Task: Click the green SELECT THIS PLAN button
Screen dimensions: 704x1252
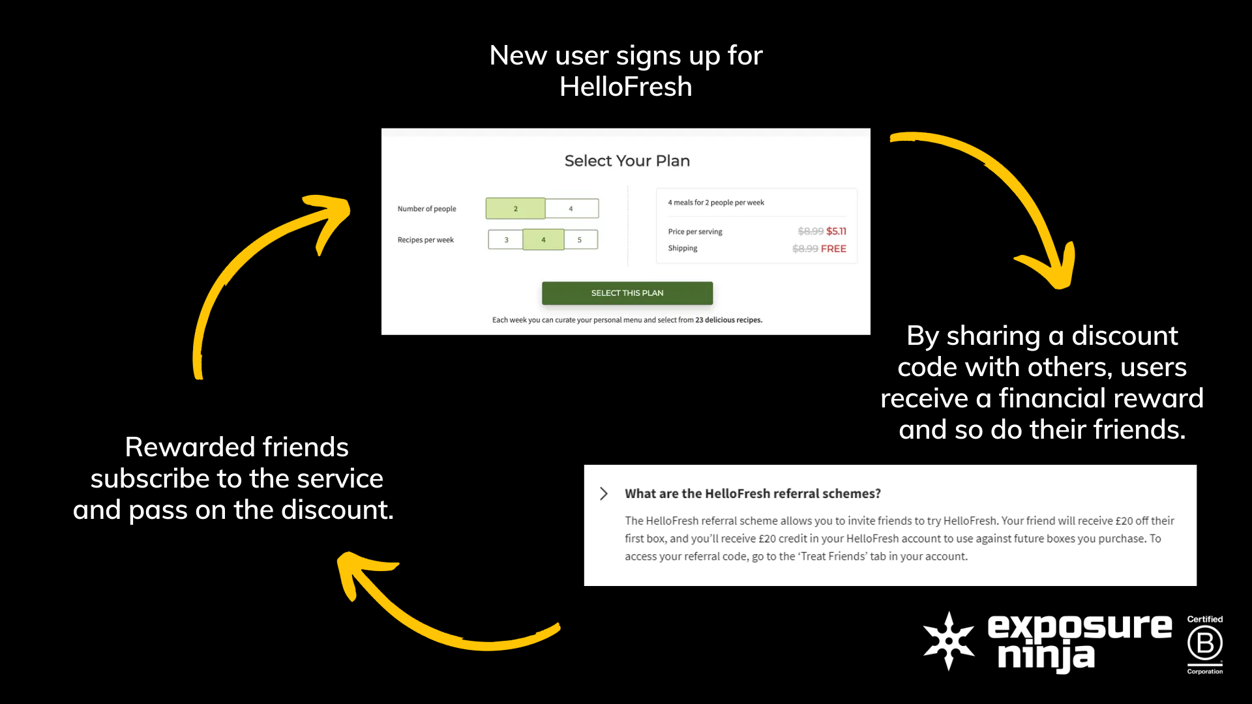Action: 627,293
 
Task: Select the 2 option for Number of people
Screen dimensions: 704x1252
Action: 515,209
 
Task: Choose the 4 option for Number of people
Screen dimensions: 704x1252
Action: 571,209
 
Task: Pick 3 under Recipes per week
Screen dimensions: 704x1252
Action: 506,240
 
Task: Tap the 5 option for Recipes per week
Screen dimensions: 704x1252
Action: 580,240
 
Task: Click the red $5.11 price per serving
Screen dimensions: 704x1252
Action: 836,231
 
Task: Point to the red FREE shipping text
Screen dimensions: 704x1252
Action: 833,249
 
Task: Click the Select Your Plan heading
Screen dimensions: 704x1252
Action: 627,161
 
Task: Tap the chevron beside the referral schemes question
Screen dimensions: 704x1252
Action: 604,493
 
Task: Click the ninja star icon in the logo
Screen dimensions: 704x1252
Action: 949,641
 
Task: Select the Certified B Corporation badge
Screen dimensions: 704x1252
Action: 1204,644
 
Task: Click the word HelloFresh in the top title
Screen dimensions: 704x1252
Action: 625,87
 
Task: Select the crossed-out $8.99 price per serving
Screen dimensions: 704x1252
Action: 811,231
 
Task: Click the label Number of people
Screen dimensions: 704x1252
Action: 426,209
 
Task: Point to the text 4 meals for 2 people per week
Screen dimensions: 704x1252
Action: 715,203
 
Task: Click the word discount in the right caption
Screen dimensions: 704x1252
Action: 1124,336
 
